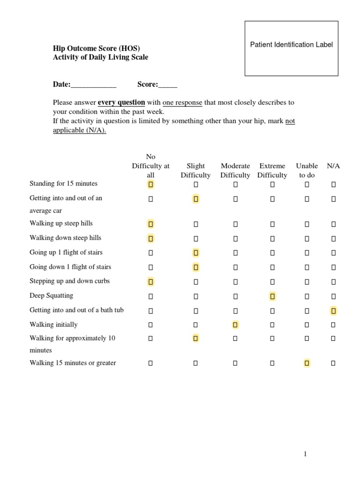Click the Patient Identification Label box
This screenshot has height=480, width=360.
click(291, 48)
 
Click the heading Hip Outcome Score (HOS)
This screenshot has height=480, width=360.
click(96, 48)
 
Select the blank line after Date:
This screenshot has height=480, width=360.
click(93, 85)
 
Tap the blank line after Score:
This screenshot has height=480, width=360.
click(168, 85)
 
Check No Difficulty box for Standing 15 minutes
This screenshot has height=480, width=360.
click(151, 185)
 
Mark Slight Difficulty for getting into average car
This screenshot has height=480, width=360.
click(196, 199)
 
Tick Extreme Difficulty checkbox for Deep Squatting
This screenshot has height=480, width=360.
click(272, 296)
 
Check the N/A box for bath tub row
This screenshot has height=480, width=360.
click(333, 310)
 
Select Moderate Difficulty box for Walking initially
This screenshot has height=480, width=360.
click(235, 324)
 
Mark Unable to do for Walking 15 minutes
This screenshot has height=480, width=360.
click(307, 363)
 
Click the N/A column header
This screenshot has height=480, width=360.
click(333, 166)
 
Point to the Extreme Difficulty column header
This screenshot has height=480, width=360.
click(272, 171)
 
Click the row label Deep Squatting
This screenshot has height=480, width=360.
click(52, 296)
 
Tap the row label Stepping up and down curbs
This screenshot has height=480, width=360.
click(70, 281)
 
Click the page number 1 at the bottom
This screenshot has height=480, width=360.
click(305, 454)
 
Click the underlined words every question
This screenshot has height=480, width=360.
click(121, 102)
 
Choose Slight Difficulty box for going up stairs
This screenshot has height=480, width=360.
click(196, 253)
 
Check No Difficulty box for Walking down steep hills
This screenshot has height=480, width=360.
click(151, 239)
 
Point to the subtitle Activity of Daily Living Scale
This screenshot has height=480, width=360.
click(100, 57)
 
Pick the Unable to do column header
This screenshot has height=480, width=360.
click(307, 171)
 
